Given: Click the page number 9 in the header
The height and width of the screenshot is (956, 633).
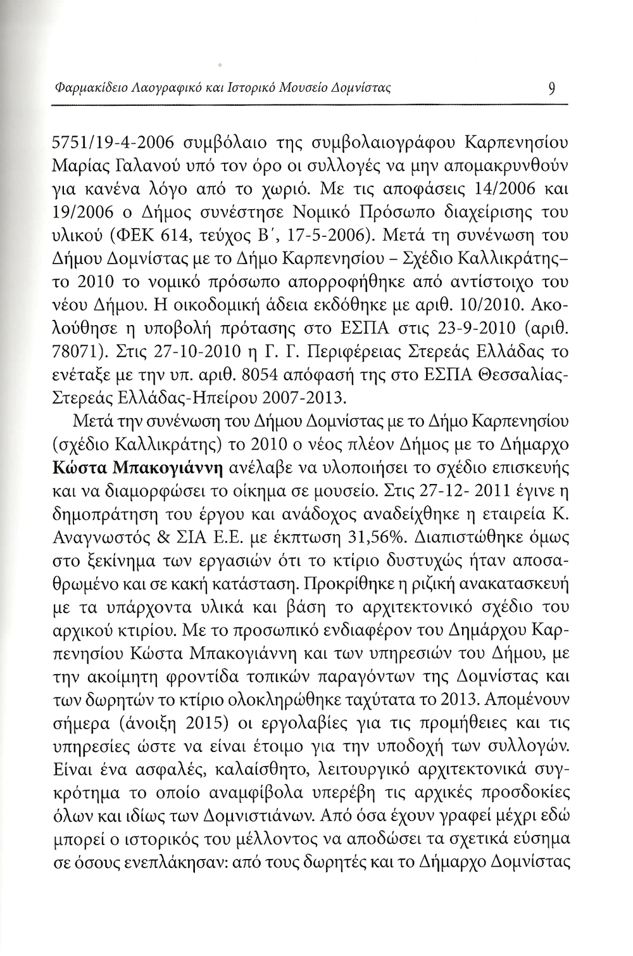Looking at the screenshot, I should (x=553, y=87).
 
